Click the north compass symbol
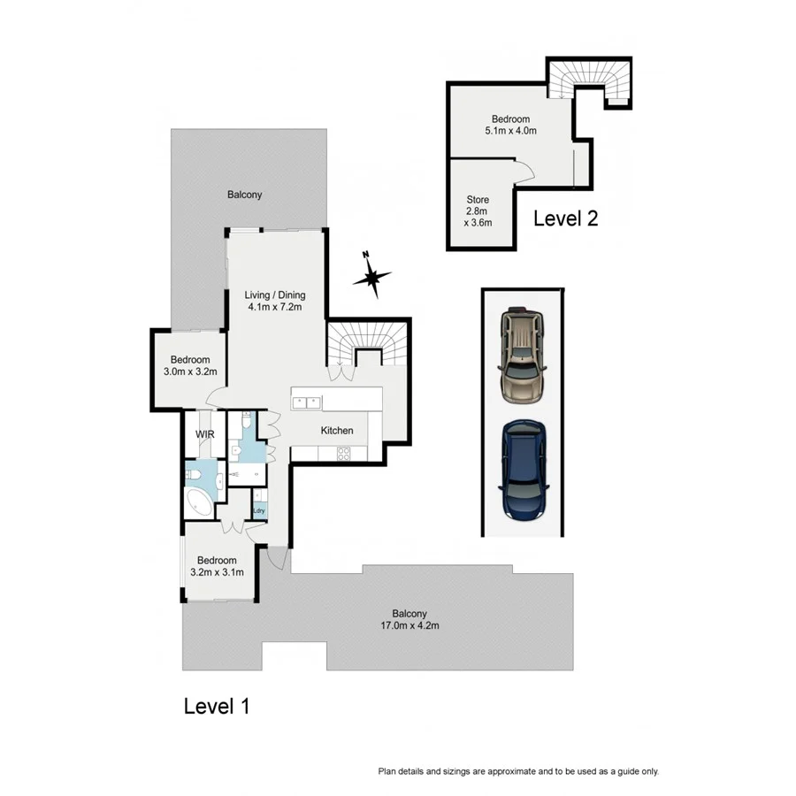click(372, 277)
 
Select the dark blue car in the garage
click(524, 470)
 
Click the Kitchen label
click(337, 431)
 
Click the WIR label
click(205, 434)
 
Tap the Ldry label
click(259, 509)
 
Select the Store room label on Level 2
click(478, 200)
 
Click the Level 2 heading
click(565, 218)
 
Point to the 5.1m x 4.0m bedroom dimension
click(510, 131)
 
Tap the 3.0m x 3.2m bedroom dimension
click(190, 371)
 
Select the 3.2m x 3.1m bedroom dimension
click(217, 572)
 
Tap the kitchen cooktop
click(342, 454)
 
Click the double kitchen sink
click(306, 402)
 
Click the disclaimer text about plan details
click(518, 771)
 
